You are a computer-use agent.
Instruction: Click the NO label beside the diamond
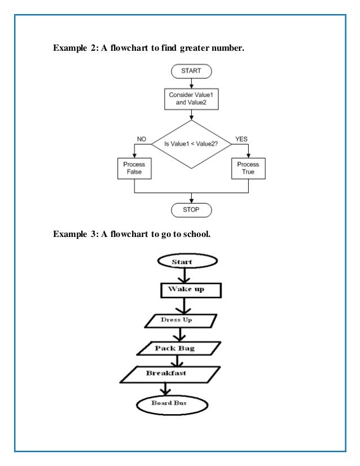(x=142, y=139)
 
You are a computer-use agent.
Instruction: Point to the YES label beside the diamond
(x=241, y=139)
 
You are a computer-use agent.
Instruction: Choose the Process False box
(x=134, y=168)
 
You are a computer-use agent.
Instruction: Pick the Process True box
(x=248, y=168)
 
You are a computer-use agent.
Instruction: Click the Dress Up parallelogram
(x=180, y=320)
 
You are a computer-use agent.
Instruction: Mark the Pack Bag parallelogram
(x=175, y=348)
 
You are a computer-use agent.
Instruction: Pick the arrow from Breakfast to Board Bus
(x=164, y=389)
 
